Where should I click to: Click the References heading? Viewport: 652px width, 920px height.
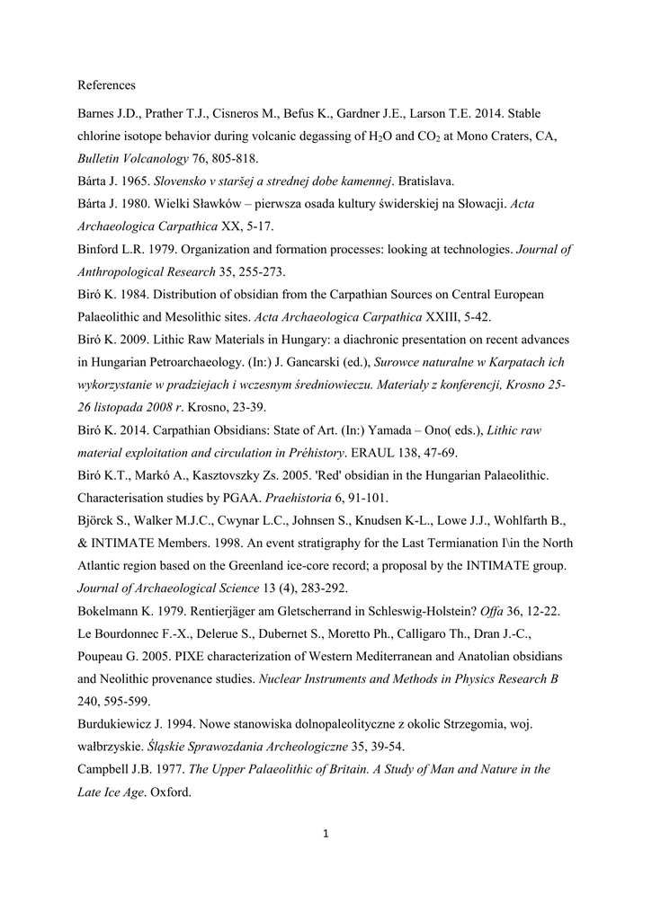(106, 85)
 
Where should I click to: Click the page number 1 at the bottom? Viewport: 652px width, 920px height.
(326, 835)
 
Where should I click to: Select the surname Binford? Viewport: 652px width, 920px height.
(100, 250)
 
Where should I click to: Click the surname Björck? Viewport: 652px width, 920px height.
(98, 520)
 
